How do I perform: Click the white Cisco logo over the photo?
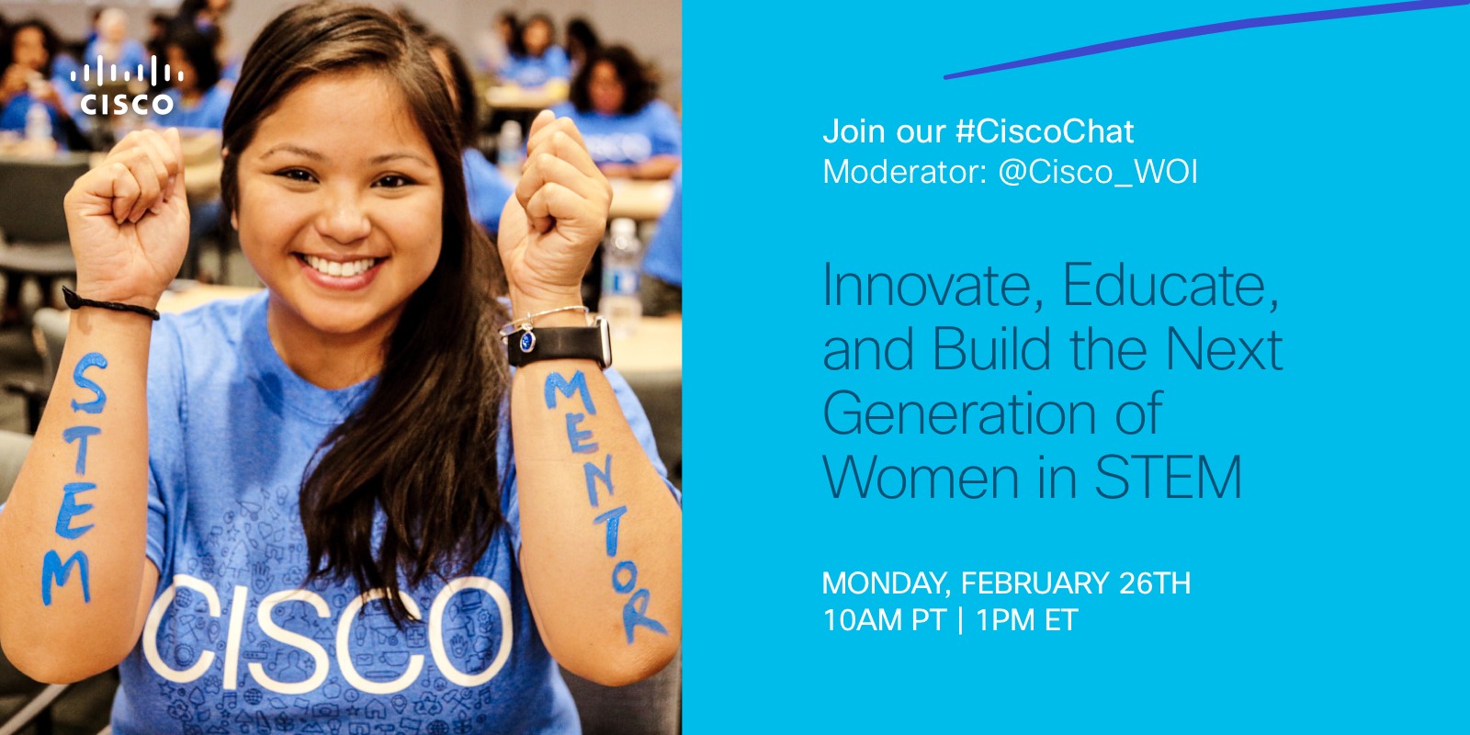coord(127,86)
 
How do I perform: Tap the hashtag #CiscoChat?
coord(1045,131)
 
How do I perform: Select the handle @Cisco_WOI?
coord(1098,172)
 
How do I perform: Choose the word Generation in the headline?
coord(959,413)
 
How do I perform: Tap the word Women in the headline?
coord(921,477)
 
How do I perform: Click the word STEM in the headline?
coord(1168,477)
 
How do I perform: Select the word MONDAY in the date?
coord(886,583)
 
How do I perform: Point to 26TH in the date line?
coord(1154,583)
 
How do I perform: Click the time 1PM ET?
coord(1026,620)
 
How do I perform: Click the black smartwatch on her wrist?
coord(560,345)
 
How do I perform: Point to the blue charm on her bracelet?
coord(527,341)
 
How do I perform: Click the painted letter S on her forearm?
coord(89,384)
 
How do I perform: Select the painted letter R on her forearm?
coord(642,616)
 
